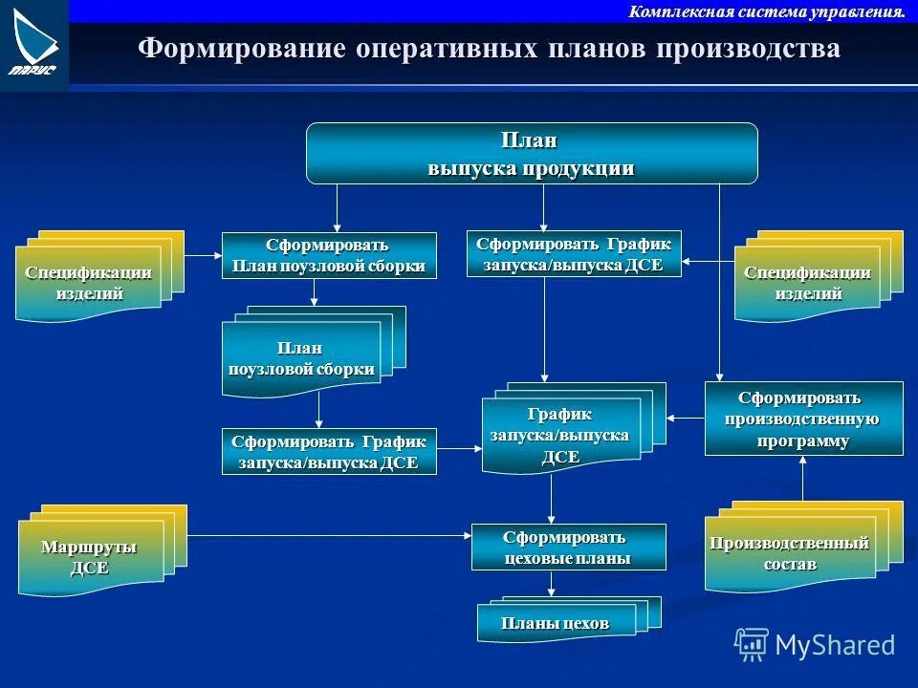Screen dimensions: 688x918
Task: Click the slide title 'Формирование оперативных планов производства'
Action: [489, 49]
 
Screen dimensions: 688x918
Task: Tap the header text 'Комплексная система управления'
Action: [767, 11]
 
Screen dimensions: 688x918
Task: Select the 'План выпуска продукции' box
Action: [531, 154]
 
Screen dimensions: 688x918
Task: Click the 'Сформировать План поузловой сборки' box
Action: [329, 256]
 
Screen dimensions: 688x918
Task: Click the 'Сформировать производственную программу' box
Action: [803, 419]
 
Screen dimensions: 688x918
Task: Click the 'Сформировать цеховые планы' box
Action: [568, 548]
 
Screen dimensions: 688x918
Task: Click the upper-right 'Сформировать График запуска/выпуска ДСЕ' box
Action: [574, 254]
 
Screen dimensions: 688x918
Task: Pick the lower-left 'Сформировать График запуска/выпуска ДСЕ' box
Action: [329, 452]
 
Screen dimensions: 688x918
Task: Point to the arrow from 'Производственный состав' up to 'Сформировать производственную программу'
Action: [802, 478]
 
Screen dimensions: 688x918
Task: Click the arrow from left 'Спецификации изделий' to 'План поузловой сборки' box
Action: [203, 256]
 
